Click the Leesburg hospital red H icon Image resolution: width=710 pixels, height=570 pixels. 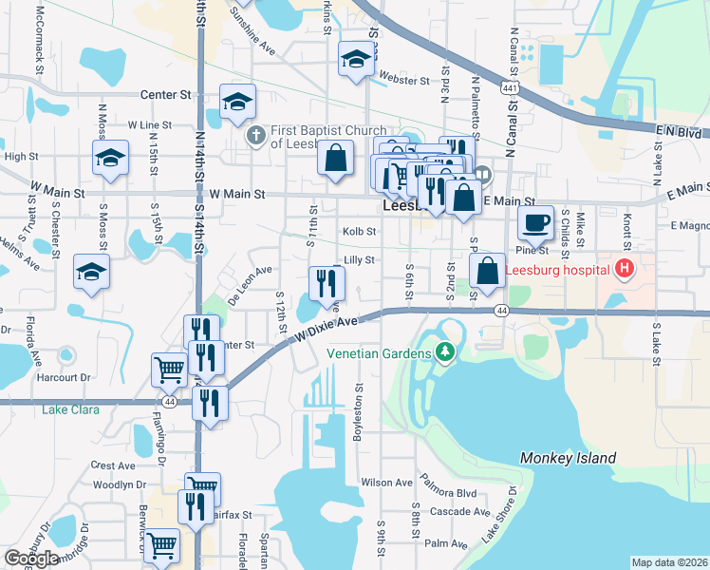(x=624, y=269)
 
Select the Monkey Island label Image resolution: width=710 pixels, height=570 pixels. (x=568, y=458)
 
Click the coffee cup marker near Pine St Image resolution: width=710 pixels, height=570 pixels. (x=536, y=224)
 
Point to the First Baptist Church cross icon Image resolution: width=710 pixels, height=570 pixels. (x=255, y=136)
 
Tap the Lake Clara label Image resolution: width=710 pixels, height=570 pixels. (x=70, y=410)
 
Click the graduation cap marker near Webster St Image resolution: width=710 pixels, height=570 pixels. (x=356, y=61)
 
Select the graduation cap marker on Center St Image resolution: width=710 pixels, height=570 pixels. (x=238, y=102)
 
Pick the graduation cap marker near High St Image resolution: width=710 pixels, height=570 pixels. (x=110, y=159)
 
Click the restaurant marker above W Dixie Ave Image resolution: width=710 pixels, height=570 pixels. (x=327, y=282)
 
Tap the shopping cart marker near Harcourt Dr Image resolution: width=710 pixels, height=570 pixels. (x=169, y=369)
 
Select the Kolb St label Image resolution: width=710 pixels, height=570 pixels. (x=359, y=231)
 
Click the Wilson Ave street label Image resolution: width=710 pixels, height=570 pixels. (x=386, y=483)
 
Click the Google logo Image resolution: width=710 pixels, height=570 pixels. (x=32, y=560)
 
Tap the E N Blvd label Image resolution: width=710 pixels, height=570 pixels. (x=675, y=132)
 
